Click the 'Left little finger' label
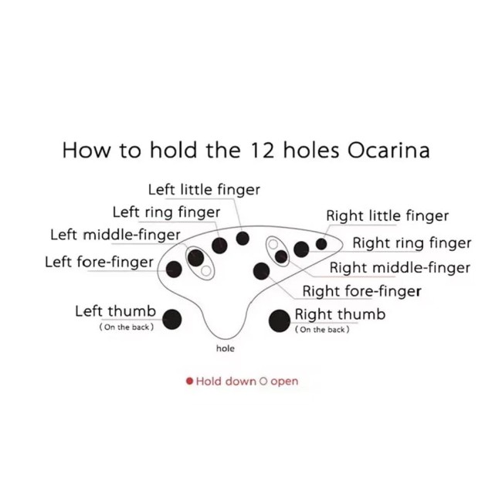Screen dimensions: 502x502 (x=204, y=189)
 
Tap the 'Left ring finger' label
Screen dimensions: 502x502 (x=166, y=212)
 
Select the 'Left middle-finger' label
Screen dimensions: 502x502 (x=115, y=235)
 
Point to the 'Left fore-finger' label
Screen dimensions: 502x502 (x=99, y=262)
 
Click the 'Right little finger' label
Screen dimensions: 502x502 (x=387, y=216)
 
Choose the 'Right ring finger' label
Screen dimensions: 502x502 (x=412, y=243)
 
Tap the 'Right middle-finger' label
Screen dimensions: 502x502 (x=399, y=268)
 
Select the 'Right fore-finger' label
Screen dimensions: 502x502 (x=361, y=291)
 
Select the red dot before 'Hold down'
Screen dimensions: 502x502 (x=189, y=382)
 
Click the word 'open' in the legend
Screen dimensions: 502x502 (x=284, y=382)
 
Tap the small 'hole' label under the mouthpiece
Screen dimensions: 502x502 (x=225, y=349)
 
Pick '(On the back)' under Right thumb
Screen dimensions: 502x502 (x=322, y=331)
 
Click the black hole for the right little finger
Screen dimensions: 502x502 (x=321, y=244)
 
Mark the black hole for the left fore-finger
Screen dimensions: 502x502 (x=175, y=270)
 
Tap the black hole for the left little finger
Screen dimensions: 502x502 (x=243, y=239)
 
